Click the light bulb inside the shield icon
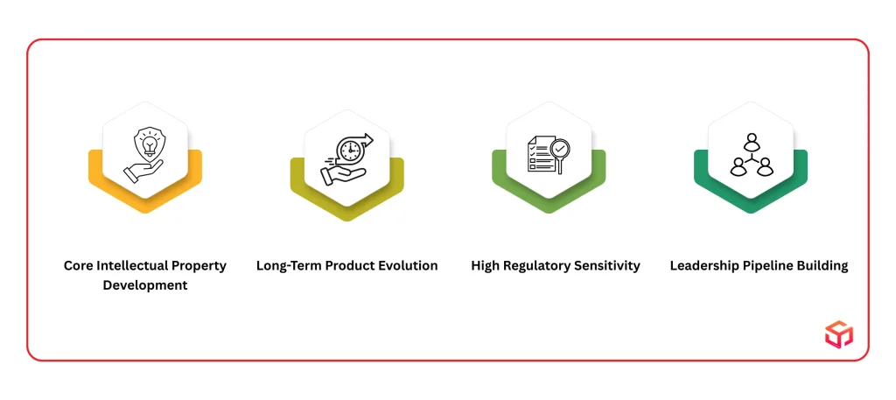149,144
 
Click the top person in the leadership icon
751,142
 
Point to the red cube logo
838,334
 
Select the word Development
145,285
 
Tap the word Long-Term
289,266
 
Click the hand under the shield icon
143,172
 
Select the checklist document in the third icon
539,154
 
